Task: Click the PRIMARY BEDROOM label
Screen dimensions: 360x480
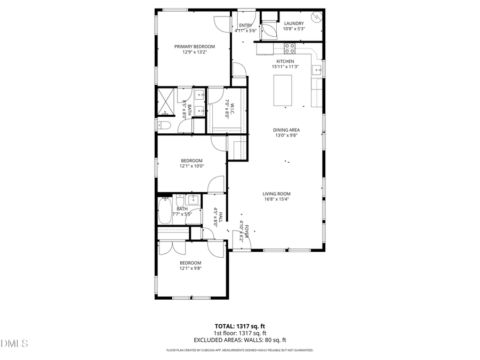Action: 195,46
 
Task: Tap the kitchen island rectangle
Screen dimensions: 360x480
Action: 283,91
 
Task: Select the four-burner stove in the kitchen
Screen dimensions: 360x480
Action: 290,49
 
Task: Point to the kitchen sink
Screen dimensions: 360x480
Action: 317,69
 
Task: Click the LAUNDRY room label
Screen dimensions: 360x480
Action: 294,23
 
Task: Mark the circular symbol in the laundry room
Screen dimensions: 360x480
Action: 316,17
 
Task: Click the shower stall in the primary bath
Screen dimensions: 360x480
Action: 166,102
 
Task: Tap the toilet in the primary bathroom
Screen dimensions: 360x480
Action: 164,126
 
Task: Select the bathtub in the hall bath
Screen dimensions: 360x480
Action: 165,212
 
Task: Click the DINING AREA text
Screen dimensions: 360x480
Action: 286,130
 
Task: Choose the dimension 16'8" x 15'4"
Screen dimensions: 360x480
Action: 276,199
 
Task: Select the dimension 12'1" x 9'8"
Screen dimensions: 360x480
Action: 190,269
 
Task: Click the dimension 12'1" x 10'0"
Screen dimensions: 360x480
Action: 191,166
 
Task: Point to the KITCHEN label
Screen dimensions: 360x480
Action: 285,61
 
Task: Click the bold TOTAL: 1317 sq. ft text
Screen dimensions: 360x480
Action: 239,325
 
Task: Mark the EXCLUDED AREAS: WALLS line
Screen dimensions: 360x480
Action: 239,340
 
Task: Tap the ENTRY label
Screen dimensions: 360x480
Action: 246,25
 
